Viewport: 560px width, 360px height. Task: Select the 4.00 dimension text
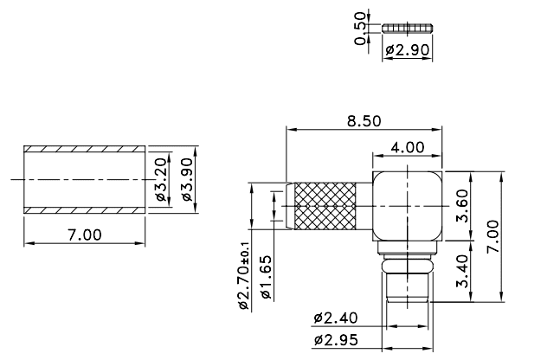(407, 147)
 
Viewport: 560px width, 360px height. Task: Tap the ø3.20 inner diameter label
(160, 182)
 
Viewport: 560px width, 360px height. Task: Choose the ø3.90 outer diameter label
(185, 182)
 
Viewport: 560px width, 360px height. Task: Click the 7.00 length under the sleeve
(84, 235)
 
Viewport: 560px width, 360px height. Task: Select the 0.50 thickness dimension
(361, 27)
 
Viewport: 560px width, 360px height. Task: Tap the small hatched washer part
(407, 28)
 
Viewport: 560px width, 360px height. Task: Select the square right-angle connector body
(407, 208)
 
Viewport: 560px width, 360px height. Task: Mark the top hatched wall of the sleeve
(84, 149)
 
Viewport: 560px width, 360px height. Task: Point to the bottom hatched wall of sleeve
(84, 211)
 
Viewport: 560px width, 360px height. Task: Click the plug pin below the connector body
(407, 281)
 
